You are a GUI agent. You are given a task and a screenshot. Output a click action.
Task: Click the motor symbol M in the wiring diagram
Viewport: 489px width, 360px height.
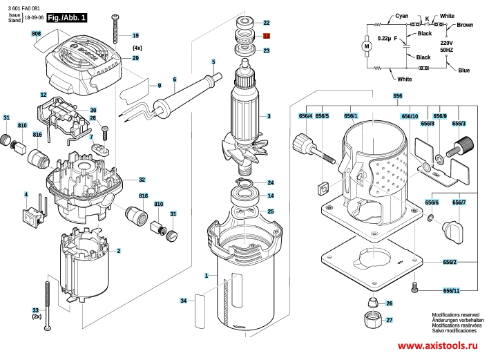coord(367,46)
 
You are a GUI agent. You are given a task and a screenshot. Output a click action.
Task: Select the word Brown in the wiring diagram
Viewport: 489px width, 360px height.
coord(465,25)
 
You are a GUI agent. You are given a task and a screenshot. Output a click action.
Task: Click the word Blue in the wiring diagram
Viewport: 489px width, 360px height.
coord(463,70)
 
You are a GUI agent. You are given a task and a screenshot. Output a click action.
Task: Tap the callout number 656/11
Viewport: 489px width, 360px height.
coord(451,291)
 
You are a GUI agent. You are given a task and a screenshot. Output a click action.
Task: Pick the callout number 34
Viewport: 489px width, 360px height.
coord(184,301)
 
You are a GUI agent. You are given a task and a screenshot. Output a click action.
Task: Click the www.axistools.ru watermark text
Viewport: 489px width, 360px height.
coord(439,345)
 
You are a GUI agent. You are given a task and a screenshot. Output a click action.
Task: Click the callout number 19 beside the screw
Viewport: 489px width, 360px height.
coord(135,35)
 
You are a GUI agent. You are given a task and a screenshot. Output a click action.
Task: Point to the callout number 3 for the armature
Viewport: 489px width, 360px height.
coord(269,115)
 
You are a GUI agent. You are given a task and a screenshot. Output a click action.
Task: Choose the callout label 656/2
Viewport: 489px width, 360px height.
coord(450,263)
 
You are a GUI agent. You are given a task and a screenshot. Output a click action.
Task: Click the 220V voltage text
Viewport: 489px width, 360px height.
coord(447,42)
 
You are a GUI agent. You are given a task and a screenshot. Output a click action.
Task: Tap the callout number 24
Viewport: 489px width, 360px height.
coord(271,183)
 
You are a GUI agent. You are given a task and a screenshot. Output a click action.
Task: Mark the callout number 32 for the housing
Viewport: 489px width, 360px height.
coord(142,179)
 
